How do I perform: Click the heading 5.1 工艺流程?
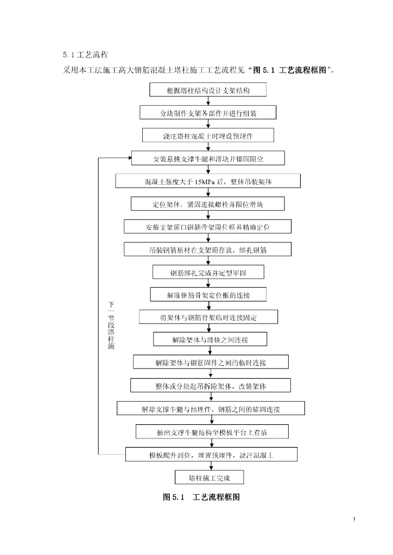coord(86,55)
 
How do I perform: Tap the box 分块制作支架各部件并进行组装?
coord(208,112)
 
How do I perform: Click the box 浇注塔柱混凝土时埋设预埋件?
coord(208,135)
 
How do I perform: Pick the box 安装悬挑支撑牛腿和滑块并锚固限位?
coord(208,158)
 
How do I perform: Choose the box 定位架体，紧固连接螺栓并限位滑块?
coord(208,204)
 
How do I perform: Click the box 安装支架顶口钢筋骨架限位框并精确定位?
coord(208,227)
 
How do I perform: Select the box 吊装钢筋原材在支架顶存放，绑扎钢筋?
coord(208,249)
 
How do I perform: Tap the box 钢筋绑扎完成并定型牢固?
coord(208,272)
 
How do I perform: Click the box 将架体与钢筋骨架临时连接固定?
coord(208,317)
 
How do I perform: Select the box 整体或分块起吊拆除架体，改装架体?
coord(211,385)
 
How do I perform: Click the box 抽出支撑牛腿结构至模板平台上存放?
coord(211,431)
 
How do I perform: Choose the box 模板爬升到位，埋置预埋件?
coord(211,455)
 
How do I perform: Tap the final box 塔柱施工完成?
coord(209,477)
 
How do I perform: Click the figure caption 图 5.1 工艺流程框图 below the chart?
coord(201,497)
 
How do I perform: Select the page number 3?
coord(354,520)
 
